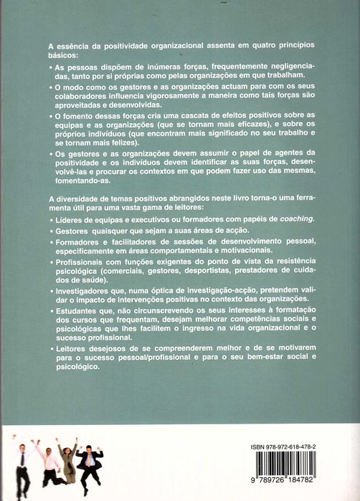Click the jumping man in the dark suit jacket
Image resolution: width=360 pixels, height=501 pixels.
[x=89, y=462]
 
